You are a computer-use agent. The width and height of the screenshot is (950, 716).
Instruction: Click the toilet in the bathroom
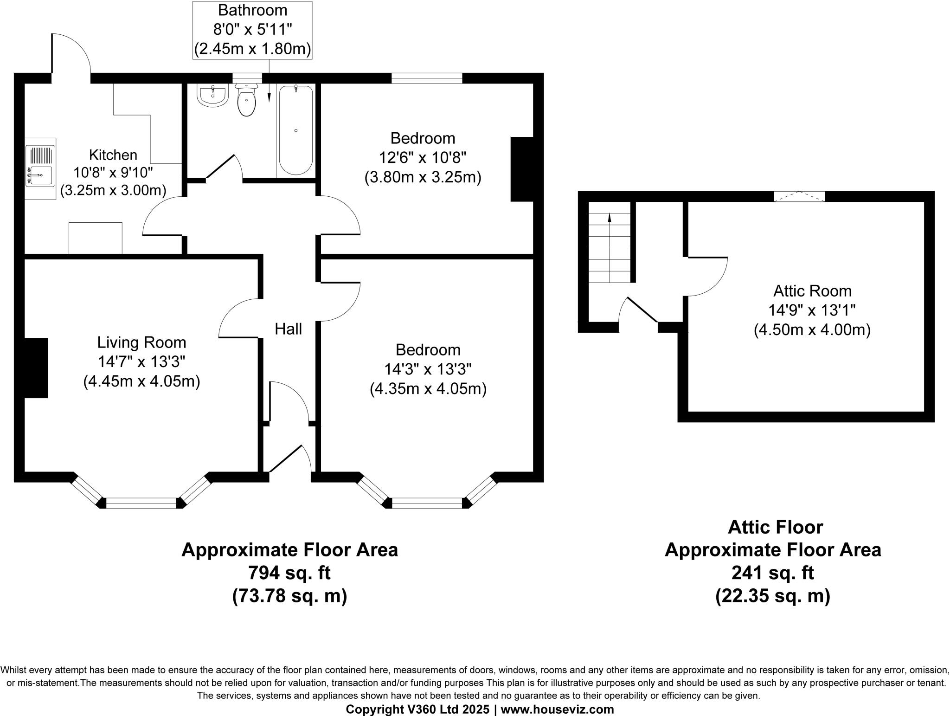[246, 99]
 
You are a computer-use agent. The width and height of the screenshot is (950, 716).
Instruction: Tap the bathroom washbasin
[213, 95]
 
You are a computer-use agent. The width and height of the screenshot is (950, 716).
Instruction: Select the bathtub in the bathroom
[295, 130]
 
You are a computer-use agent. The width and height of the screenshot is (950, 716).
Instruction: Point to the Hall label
[288, 329]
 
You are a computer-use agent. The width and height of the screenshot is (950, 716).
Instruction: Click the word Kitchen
[113, 155]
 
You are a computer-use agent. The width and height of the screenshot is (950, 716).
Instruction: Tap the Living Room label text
[141, 342]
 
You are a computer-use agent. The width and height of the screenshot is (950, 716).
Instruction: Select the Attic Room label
[812, 291]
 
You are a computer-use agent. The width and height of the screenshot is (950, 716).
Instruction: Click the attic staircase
[610, 242]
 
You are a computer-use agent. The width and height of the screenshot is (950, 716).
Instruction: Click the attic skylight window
[800, 196]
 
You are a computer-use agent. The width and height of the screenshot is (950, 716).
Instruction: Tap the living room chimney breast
[36, 368]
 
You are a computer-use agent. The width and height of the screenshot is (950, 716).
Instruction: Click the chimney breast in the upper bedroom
[522, 169]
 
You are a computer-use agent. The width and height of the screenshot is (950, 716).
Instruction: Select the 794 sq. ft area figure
[289, 573]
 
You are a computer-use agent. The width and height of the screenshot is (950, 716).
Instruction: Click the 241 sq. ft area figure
[773, 573]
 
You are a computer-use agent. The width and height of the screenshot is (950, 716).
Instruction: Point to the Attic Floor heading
[775, 527]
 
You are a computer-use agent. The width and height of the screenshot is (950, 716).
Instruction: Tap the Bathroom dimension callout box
[252, 30]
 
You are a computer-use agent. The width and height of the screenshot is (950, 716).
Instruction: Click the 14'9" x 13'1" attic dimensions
[812, 310]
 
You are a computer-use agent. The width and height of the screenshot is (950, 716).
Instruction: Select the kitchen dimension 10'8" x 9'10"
[113, 173]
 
